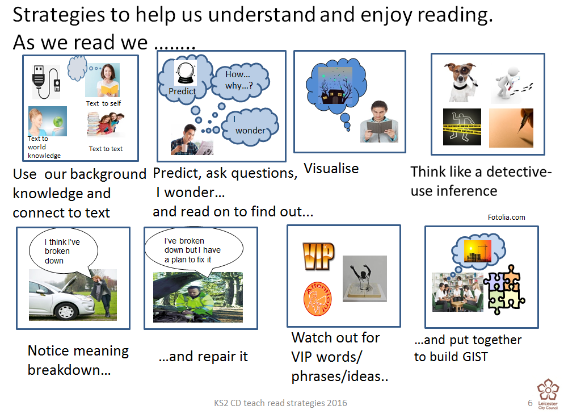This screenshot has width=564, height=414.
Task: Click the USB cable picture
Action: click(46, 82)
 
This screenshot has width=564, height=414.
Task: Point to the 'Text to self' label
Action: click(104, 103)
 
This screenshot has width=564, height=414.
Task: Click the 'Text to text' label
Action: click(106, 149)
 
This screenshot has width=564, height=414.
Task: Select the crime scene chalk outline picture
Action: click(462, 127)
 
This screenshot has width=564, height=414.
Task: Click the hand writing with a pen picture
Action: click(511, 128)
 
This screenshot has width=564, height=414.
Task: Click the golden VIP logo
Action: click(318, 256)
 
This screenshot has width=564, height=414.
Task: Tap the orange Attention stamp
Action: click(318, 299)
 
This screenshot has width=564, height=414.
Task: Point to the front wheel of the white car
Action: click(66, 310)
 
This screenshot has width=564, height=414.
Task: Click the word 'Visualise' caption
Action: click(331, 169)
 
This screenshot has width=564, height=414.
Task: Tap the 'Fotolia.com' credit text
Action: click(507, 218)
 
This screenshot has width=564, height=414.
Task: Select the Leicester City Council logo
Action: click(548, 394)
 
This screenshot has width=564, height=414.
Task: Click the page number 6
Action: click(530, 403)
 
